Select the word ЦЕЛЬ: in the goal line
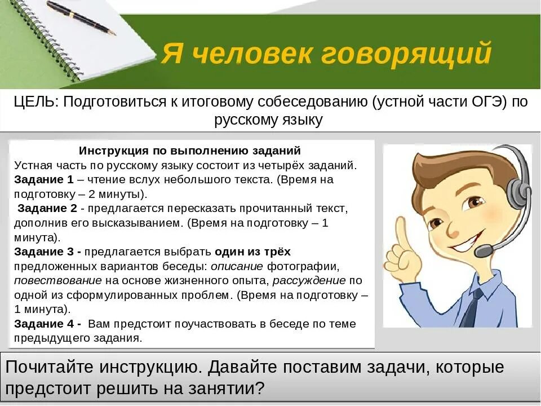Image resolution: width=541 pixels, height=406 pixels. click(x=36, y=102)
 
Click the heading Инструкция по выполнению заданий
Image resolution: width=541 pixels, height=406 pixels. click(x=190, y=151)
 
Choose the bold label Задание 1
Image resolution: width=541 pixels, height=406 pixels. click(x=44, y=180)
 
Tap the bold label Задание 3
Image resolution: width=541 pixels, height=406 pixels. click(x=47, y=251)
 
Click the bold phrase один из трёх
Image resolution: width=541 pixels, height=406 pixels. click(x=252, y=251)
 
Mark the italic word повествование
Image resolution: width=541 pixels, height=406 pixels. click(x=58, y=280)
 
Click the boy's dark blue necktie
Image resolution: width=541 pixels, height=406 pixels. click(x=471, y=307)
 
